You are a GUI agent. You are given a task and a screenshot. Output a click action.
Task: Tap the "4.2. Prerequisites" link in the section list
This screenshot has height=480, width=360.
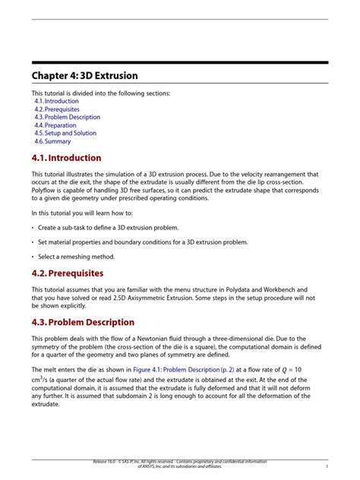(x=57, y=109)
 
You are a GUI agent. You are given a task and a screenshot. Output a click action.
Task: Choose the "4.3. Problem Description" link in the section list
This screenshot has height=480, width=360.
(x=67, y=118)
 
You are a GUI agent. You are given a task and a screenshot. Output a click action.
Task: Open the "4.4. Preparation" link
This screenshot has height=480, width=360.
(x=55, y=125)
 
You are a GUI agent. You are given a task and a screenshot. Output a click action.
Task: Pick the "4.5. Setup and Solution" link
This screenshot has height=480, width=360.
(x=65, y=134)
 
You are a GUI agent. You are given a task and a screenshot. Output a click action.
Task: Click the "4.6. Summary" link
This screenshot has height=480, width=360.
(x=52, y=141)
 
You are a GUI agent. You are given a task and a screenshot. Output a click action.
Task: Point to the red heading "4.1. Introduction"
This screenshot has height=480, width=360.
(x=66, y=158)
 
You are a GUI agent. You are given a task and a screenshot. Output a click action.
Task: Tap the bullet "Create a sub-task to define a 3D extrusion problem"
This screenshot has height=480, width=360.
(x=108, y=227)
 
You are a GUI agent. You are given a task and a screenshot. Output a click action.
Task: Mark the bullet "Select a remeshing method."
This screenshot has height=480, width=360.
(x=75, y=255)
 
